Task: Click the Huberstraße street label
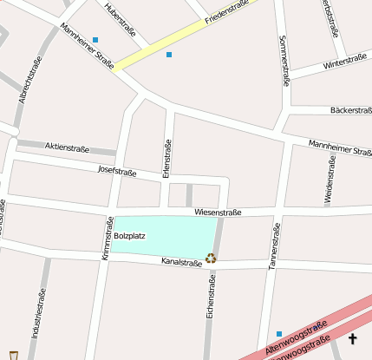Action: [x=118, y=18]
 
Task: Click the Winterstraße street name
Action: [x=345, y=63]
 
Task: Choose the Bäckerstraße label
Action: [x=351, y=110]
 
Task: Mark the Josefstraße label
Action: [x=118, y=171]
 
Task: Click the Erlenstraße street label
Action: [x=167, y=154]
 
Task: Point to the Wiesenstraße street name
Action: [x=218, y=212]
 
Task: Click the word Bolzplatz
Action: [x=130, y=235]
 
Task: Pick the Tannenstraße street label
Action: [x=272, y=245]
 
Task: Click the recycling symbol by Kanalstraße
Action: [x=211, y=257]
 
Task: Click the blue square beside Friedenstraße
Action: [x=169, y=55]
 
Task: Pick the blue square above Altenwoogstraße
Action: [x=279, y=334]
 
